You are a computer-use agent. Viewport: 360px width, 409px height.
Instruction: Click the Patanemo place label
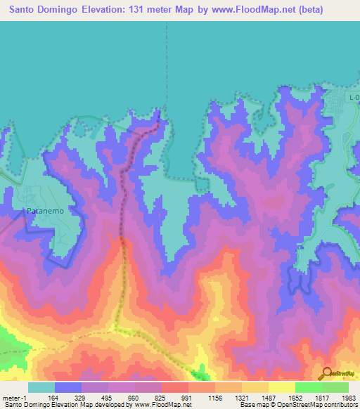pyautogui.click(x=46, y=210)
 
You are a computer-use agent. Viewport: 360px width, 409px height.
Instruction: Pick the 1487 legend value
pyautogui.click(x=268, y=397)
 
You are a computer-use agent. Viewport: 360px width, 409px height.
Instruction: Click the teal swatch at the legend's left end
pyautogui.click(x=41, y=387)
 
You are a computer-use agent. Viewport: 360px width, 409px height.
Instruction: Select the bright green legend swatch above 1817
pyautogui.click(x=308, y=387)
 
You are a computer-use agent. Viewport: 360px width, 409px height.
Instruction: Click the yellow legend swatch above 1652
pyautogui.click(x=281, y=387)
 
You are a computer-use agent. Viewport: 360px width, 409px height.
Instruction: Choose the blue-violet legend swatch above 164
pyautogui.click(x=68, y=387)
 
